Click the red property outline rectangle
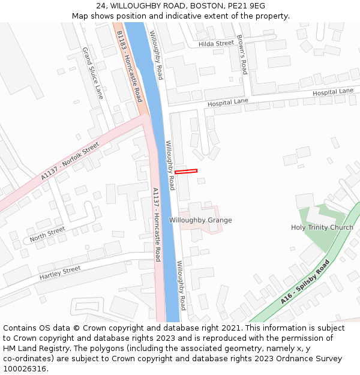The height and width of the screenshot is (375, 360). [186, 172]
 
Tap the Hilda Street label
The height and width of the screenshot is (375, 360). [216, 44]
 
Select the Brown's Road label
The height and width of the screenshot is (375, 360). [241, 55]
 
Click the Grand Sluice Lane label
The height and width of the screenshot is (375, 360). [92, 73]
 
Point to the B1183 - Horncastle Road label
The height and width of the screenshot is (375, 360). [129, 67]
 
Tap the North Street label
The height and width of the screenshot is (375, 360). [47, 234]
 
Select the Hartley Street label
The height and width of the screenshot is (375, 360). [60, 273]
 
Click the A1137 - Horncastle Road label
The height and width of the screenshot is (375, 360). [156, 224]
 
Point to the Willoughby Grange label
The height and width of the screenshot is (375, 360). [200, 220]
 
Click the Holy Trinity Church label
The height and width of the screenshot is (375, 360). [322, 227]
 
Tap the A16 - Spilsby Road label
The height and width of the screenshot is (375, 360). [305, 281]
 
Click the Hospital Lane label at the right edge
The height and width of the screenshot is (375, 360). [333, 92]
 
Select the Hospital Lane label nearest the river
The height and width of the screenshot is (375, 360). [228, 103]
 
